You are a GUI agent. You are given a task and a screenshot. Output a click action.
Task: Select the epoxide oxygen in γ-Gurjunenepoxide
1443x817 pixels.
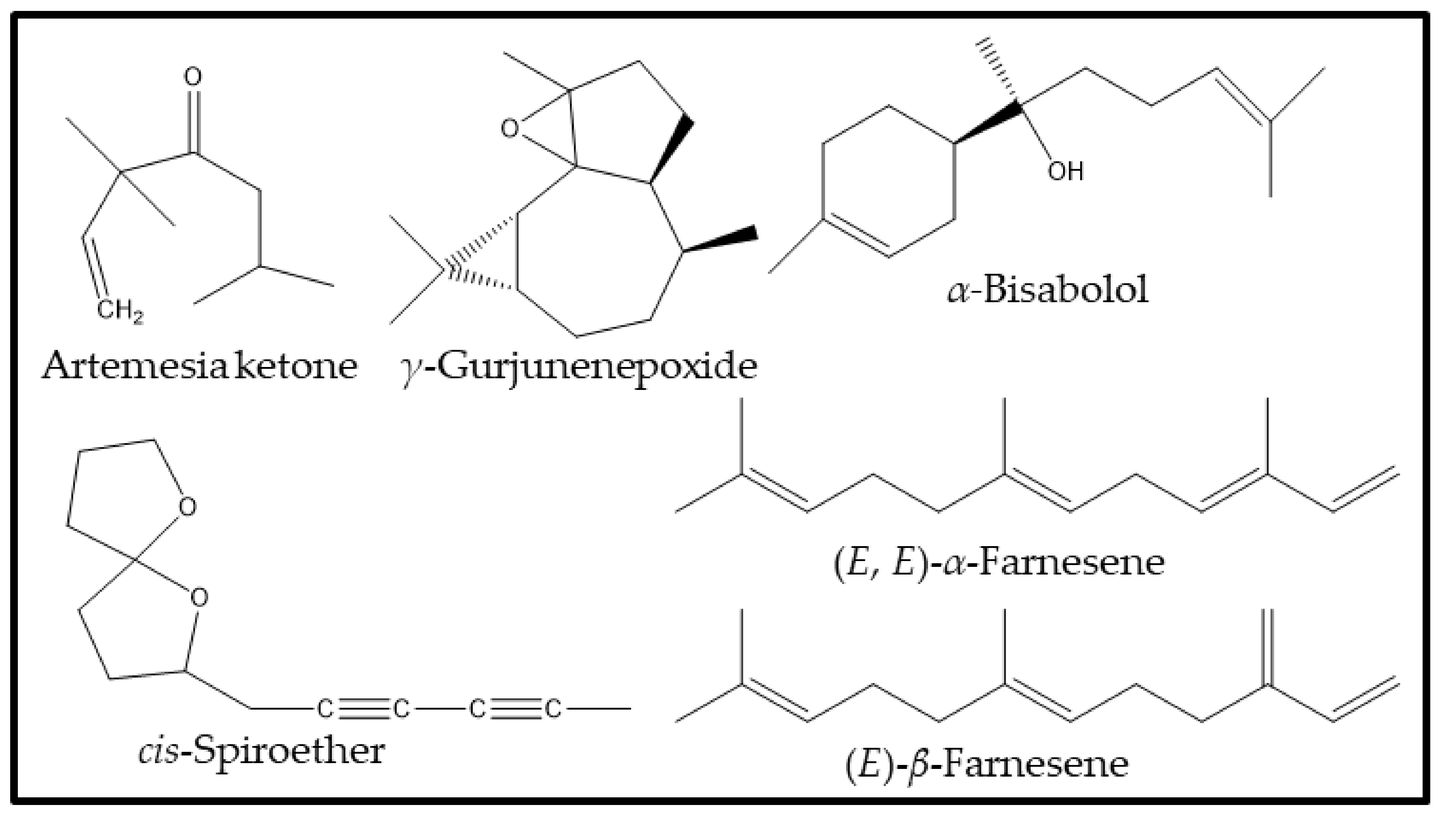509,130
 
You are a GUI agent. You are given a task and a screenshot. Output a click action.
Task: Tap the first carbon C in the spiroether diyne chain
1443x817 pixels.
325,709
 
